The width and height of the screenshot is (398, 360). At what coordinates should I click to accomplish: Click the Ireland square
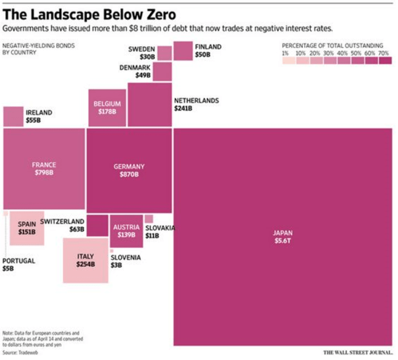click(13, 116)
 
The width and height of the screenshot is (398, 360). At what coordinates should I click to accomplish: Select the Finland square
click(183, 51)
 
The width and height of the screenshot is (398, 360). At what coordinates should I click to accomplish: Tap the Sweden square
click(165, 52)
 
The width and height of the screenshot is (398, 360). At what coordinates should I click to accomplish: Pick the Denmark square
click(162, 71)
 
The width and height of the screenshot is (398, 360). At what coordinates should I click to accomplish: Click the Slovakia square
click(149, 219)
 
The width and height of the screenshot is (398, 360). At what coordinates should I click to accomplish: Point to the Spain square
click(27, 227)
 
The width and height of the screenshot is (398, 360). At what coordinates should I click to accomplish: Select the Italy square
click(86, 260)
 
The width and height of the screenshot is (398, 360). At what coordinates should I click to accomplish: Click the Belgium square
click(107, 107)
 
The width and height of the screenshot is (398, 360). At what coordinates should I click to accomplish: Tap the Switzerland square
click(97, 225)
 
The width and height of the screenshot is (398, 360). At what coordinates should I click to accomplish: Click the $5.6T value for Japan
click(282, 241)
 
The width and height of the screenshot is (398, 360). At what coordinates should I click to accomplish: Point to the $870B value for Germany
click(129, 174)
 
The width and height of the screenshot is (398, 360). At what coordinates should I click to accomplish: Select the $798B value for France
click(44, 172)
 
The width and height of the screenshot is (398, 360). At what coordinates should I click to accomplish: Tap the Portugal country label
click(19, 261)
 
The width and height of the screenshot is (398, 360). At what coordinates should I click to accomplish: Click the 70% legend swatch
click(385, 61)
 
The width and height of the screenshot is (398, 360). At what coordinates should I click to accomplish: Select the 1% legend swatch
click(289, 61)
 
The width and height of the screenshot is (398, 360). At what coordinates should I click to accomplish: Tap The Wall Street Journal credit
click(357, 352)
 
